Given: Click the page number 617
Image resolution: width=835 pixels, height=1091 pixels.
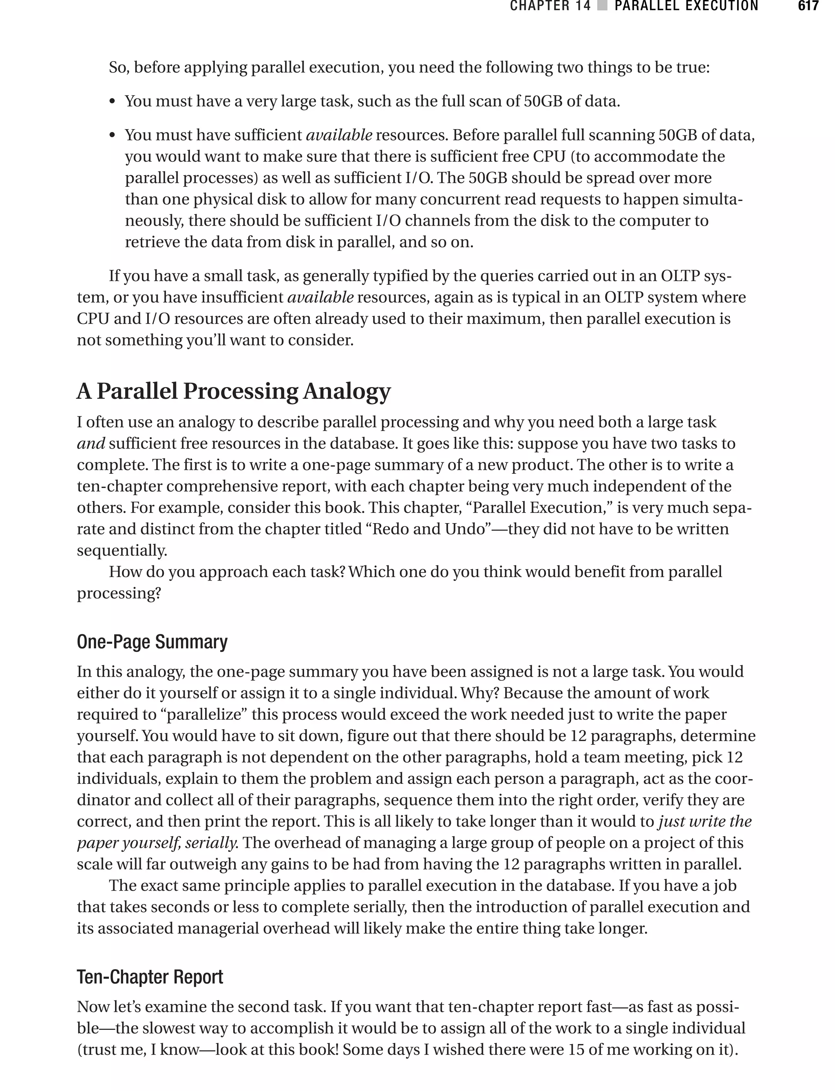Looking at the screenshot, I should click(808, 6).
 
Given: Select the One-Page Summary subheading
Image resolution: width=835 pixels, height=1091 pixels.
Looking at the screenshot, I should click(152, 642).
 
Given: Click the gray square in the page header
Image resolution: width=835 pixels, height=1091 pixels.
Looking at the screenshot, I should click(602, 6).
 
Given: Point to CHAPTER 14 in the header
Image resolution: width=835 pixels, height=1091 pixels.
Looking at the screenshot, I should click(550, 6).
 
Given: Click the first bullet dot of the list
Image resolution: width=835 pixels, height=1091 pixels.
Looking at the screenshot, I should click(113, 102).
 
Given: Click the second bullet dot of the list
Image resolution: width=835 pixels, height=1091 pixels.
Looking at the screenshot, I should click(113, 136).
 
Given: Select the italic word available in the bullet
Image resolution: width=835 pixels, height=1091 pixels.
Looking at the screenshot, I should click(338, 134).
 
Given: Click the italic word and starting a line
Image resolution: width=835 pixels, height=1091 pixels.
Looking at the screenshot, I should click(91, 444).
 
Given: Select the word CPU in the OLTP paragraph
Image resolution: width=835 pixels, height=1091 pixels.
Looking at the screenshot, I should click(93, 318).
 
